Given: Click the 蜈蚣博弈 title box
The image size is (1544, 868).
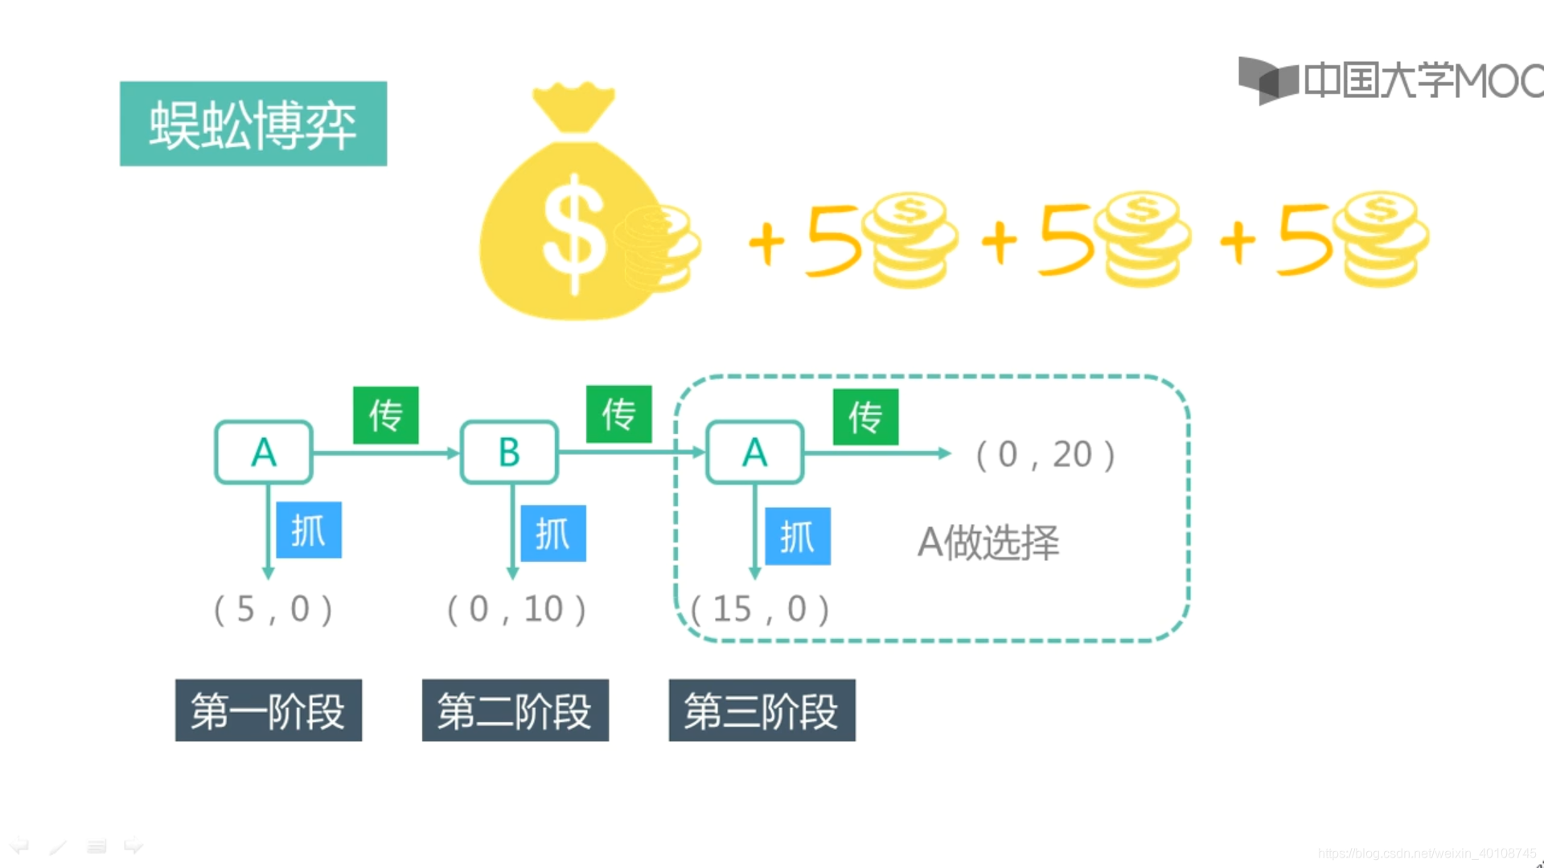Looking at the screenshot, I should [253, 124].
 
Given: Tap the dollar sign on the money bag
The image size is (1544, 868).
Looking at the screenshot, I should [573, 233].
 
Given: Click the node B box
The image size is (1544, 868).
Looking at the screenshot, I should [509, 452].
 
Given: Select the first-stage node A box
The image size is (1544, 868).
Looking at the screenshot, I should [264, 452].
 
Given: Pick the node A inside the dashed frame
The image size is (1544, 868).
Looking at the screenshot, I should [754, 452].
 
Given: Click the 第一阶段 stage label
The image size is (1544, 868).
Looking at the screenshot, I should [269, 710].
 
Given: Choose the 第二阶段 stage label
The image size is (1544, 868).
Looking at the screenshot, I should [515, 710].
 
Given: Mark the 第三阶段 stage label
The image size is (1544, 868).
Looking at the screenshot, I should [762, 710].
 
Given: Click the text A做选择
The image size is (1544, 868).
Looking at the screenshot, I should [988, 542].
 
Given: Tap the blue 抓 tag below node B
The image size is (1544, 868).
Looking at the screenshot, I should [553, 534].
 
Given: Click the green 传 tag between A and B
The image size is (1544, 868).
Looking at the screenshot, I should [386, 416].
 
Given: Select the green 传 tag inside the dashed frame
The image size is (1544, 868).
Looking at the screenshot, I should [865, 417].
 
